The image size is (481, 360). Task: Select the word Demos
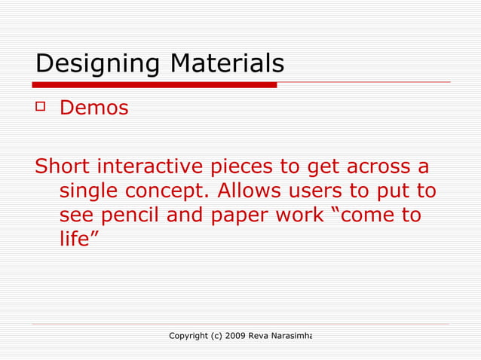(x=93, y=108)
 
